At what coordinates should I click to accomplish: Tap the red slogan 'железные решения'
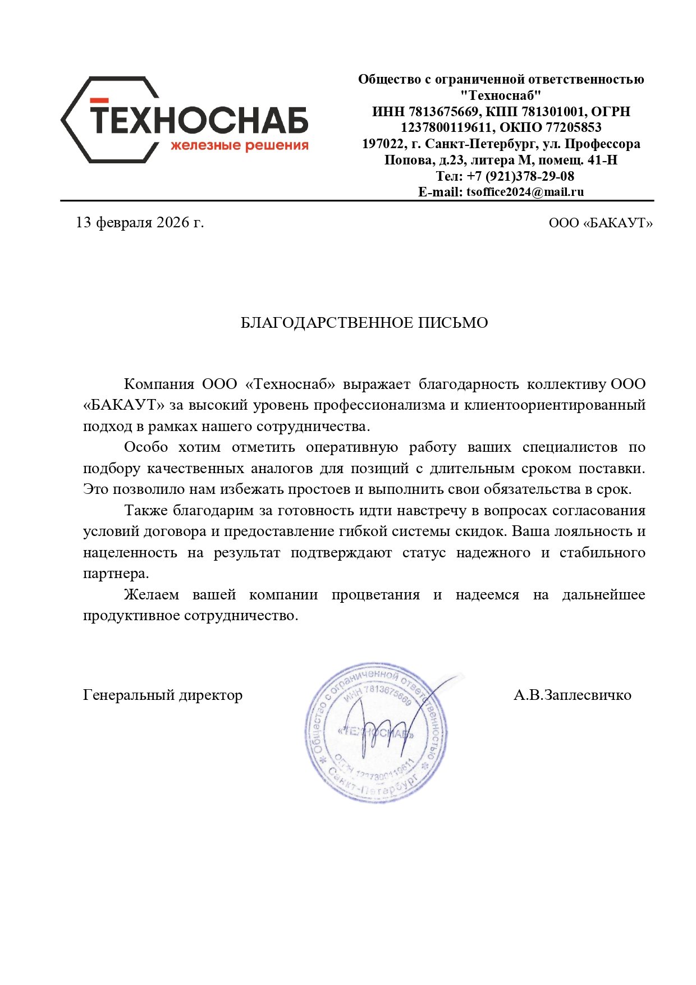(240, 146)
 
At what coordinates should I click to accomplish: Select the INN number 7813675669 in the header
(443, 112)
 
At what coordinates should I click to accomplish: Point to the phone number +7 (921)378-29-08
(520, 176)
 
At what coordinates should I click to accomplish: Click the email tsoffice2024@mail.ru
(525, 192)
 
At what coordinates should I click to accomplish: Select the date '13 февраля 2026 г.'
(140, 223)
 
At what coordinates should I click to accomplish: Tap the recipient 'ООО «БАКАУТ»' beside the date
(601, 223)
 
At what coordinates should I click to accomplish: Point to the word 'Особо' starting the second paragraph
(146, 447)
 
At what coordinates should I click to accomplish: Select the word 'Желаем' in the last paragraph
(152, 595)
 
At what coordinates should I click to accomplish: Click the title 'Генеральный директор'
(163, 695)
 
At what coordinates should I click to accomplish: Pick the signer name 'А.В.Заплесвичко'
(572, 695)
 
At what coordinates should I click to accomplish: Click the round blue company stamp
(376, 732)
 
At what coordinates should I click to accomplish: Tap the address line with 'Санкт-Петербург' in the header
(501, 144)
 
